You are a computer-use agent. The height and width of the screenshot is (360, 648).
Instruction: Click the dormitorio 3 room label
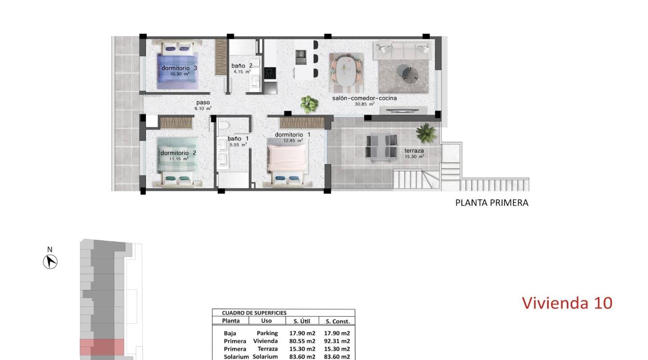click(x=180, y=68)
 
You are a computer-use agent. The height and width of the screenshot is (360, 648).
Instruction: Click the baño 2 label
click(x=242, y=66)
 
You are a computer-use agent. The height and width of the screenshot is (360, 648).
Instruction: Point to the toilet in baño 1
click(x=223, y=125)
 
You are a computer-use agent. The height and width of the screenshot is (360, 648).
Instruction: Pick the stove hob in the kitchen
click(x=270, y=73)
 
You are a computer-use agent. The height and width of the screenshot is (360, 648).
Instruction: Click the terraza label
click(x=414, y=151)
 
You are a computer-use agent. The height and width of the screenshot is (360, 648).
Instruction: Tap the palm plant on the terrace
click(x=425, y=133)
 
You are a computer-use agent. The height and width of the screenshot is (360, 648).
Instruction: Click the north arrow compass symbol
click(x=50, y=261)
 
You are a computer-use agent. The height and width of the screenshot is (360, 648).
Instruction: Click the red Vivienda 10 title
click(x=567, y=303)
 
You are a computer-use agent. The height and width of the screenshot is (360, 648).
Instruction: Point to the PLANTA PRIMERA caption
click(x=492, y=202)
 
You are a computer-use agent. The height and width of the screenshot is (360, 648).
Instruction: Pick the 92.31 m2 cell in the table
click(x=337, y=341)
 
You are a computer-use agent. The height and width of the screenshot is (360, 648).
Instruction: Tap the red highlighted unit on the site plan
click(x=102, y=347)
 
